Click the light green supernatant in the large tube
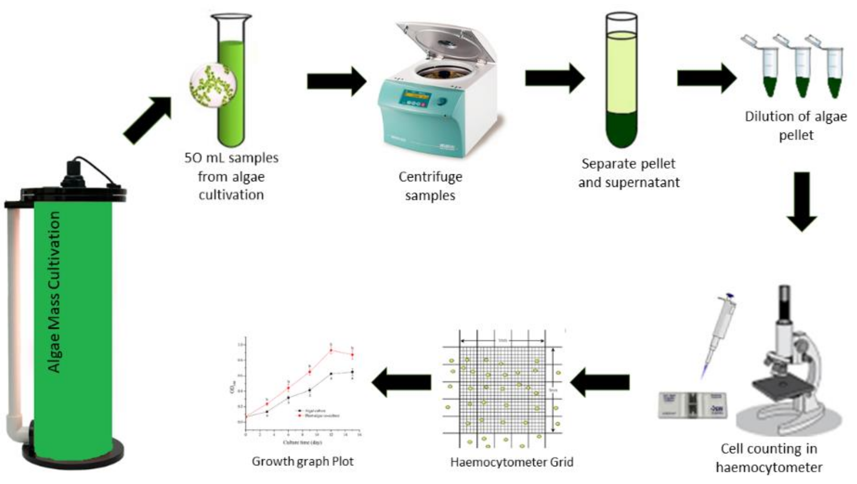[x=621, y=72]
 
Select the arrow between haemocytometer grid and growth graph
[x=401, y=382]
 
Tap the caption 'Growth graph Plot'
[x=302, y=461]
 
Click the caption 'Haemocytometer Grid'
[x=511, y=462]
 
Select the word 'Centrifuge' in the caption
[x=430, y=177]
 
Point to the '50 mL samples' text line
[x=231, y=158]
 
